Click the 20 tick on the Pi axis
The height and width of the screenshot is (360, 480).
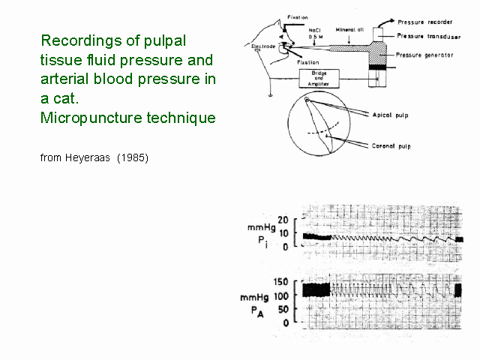283,220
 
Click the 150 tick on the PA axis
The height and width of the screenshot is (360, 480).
280,281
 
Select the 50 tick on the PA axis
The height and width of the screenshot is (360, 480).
283,309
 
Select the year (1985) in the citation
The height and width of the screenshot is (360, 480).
133,158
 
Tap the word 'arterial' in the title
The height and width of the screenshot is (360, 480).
65,79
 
